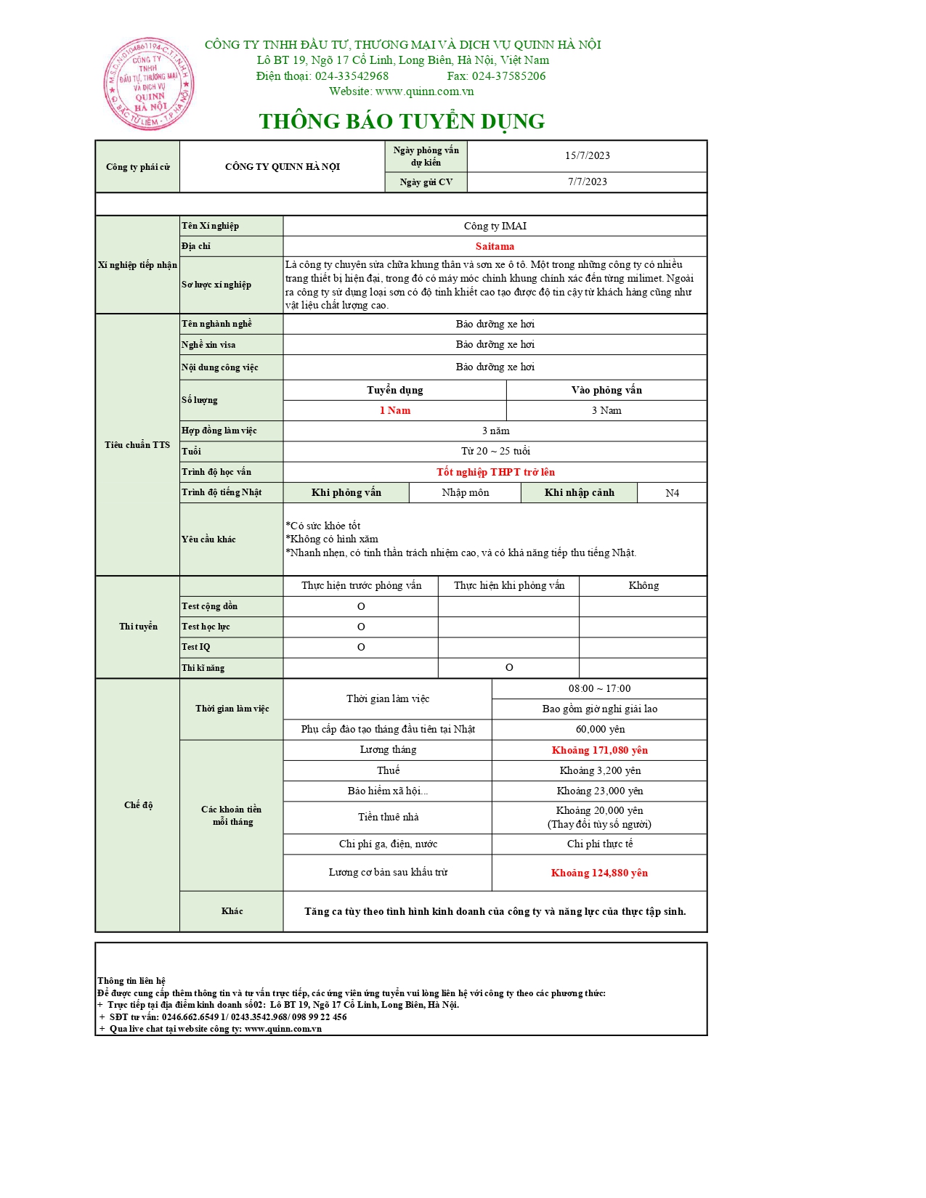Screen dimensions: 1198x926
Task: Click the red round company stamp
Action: point(149,84)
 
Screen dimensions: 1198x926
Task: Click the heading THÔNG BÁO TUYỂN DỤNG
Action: point(402,121)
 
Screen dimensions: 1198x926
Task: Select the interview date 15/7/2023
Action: point(587,155)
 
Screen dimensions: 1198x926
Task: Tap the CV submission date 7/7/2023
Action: point(587,182)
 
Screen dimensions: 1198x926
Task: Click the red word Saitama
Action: point(495,246)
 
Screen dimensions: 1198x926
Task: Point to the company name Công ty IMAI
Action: point(495,226)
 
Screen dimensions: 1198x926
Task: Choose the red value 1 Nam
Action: point(394,410)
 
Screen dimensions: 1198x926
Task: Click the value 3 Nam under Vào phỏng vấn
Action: point(606,410)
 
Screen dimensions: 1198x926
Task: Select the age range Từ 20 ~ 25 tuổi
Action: point(495,451)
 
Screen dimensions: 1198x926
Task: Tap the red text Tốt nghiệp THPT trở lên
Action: point(495,472)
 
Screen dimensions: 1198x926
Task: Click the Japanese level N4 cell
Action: point(672,493)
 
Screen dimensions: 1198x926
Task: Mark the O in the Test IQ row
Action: point(361,647)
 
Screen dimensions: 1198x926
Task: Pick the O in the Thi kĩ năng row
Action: point(509,667)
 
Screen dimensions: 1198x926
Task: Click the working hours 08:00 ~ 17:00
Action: point(599,688)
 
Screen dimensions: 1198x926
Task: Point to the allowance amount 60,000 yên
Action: point(599,729)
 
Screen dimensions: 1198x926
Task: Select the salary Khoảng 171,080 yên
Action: point(599,750)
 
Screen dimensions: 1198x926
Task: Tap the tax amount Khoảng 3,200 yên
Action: point(599,770)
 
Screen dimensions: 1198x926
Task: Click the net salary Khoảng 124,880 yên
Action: point(599,873)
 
